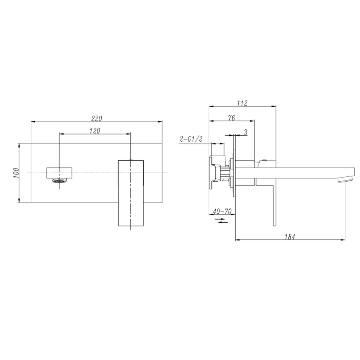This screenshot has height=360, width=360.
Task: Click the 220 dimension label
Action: (x=96, y=118)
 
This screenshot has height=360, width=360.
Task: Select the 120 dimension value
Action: (x=94, y=131)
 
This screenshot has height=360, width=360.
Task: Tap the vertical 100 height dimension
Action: (x=16, y=173)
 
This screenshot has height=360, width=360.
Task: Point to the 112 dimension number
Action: (x=242, y=103)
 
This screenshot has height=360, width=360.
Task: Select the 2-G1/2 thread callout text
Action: (x=191, y=139)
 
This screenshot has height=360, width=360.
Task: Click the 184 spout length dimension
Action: (x=290, y=237)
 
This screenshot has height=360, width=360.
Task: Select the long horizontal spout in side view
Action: (x=304, y=172)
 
